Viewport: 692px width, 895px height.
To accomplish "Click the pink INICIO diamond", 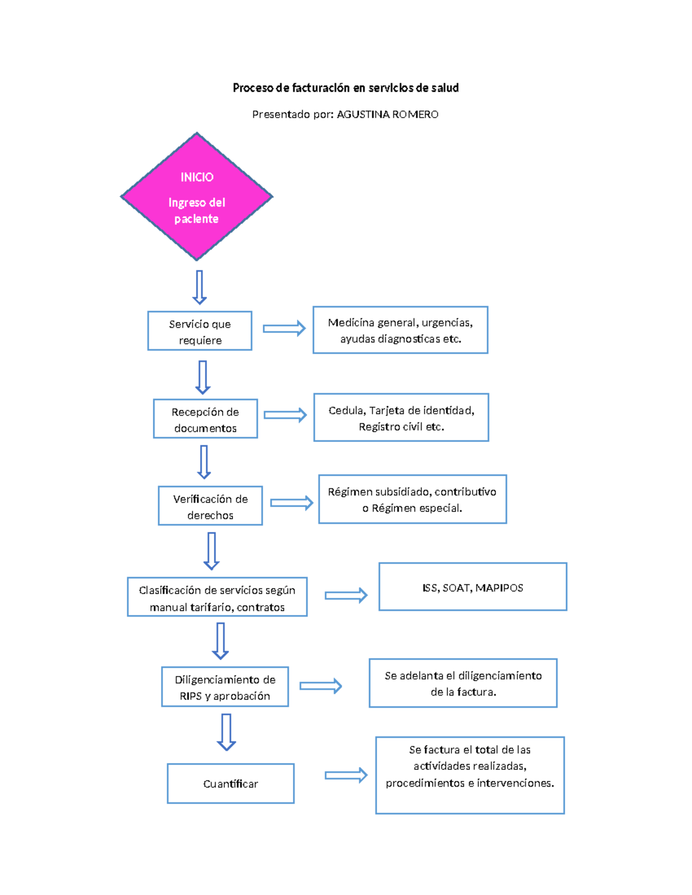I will [x=197, y=197].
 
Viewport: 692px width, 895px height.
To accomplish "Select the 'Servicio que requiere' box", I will [x=200, y=331].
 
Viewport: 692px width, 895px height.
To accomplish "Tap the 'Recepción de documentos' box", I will [x=205, y=419].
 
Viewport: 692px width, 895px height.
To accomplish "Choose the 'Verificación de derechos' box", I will [x=210, y=506].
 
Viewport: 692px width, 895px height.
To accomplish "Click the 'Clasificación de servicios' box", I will [x=217, y=597].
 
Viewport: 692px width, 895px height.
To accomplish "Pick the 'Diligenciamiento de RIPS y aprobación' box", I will [x=225, y=687].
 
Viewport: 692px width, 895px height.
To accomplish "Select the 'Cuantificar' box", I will [x=231, y=784].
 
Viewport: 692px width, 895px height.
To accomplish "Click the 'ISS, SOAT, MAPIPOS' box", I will [x=473, y=587].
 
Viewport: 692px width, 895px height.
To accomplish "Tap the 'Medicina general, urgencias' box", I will [x=400, y=330].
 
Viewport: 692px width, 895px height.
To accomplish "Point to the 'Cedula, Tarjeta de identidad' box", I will [x=401, y=418].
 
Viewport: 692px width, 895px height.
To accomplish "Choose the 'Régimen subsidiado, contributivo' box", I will [x=412, y=500].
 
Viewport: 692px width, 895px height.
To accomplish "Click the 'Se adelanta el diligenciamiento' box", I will [x=463, y=683].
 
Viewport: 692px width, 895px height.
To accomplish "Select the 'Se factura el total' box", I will [x=470, y=775].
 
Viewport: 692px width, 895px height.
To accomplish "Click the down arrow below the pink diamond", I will [x=200, y=287].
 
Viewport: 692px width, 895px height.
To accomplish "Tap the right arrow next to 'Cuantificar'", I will [x=346, y=775].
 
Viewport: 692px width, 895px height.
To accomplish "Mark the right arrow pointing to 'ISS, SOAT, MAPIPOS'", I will [x=346, y=595].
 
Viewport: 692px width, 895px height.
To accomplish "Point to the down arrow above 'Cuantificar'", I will [x=226, y=732].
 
